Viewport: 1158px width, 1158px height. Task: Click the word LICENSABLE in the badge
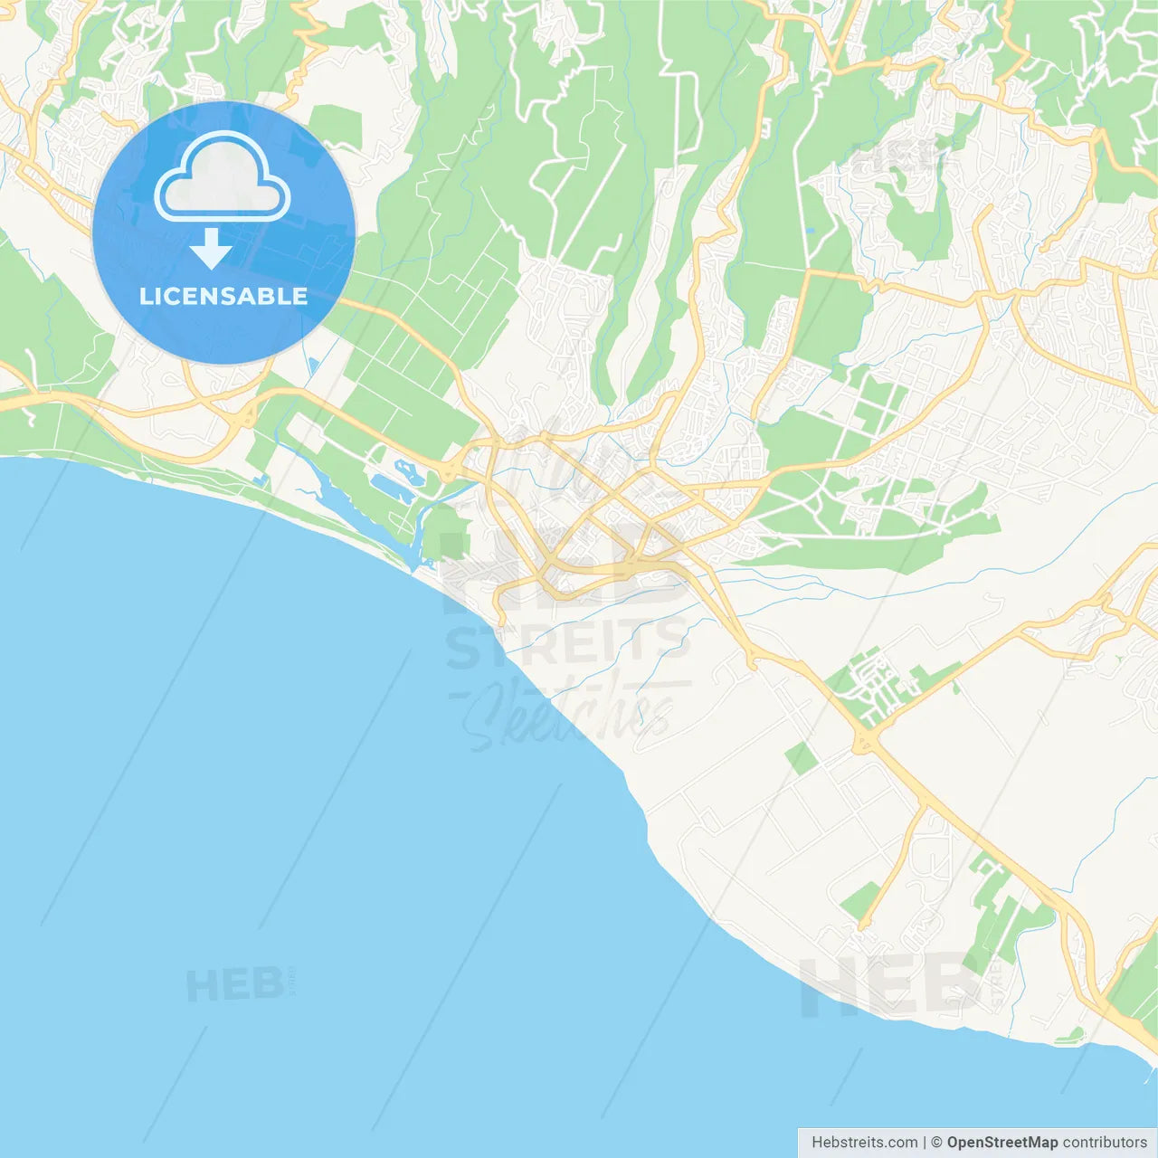coord(223,296)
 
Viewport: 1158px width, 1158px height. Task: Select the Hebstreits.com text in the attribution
coord(864,1143)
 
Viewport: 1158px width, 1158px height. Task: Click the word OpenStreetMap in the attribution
coord(1002,1143)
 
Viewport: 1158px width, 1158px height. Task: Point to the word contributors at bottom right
coord(1105,1143)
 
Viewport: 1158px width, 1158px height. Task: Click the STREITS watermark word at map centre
coord(568,644)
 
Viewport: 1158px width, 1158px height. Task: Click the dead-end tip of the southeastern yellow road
coord(862,925)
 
